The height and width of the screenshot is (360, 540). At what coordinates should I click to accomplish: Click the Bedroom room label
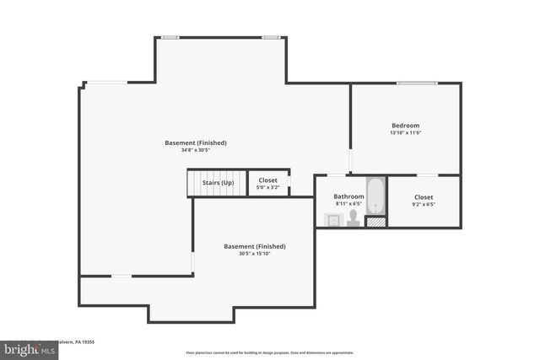pos(405,125)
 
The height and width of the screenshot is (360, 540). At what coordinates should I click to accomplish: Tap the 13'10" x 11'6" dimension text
pos(405,132)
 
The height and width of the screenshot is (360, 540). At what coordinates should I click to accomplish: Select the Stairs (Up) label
pos(218,182)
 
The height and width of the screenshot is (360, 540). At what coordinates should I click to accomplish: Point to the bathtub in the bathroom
pos(375,196)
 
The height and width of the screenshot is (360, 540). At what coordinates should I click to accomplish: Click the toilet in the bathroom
pos(353,220)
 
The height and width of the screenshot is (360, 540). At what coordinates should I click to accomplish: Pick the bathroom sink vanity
pos(332,220)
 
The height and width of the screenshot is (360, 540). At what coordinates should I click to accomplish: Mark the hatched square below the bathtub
pos(375,222)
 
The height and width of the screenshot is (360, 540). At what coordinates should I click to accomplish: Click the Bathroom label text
pos(348,196)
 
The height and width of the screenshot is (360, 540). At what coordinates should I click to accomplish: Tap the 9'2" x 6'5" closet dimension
pos(424,204)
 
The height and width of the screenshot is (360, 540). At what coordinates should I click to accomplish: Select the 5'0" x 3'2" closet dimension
pos(267,187)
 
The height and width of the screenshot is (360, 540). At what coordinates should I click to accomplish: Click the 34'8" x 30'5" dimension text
pos(195,150)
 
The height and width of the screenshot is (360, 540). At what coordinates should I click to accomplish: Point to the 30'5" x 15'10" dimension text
pos(254,254)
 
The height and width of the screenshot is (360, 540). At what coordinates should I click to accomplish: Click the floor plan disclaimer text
pos(270,353)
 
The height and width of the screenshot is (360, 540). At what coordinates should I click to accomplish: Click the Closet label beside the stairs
pos(267,180)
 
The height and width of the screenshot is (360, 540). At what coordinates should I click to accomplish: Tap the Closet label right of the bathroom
pos(424,196)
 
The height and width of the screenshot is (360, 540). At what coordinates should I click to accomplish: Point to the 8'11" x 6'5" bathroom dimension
pos(348,203)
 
